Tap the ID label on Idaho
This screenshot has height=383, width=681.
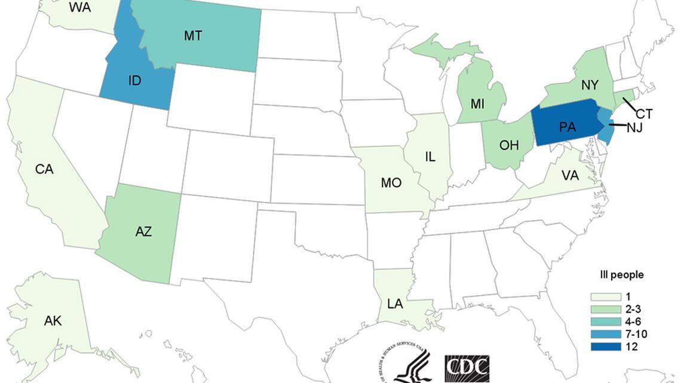click(x=135, y=80)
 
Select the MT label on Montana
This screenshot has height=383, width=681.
click(x=192, y=36)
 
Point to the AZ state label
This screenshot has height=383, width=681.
click(x=143, y=232)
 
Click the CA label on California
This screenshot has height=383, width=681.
click(x=44, y=169)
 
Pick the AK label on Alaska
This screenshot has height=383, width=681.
click(x=53, y=321)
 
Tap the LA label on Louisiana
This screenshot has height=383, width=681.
click(x=395, y=304)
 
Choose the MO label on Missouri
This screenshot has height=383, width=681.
click(x=391, y=183)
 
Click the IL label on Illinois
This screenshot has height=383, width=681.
click(x=430, y=157)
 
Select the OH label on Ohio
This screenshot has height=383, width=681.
click(x=509, y=145)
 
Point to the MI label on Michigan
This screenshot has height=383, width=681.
click(x=477, y=104)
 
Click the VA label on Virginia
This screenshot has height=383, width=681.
click(x=570, y=176)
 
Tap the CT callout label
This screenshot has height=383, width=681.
click(x=644, y=113)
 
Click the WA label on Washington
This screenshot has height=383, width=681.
click(x=79, y=7)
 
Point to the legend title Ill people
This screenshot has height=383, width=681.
click(x=621, y=275)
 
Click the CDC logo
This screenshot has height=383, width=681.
click(x=467, y=367)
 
